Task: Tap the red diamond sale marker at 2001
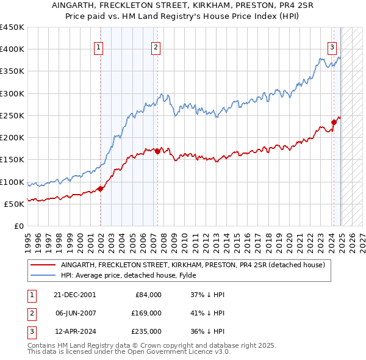(100, 189)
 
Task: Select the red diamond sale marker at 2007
(157, 151)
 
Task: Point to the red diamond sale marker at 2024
(334, 122)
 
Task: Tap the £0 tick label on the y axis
(18, 226)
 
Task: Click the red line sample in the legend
(43, 265)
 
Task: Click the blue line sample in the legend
(43, 275)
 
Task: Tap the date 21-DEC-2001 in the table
(74, 295)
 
